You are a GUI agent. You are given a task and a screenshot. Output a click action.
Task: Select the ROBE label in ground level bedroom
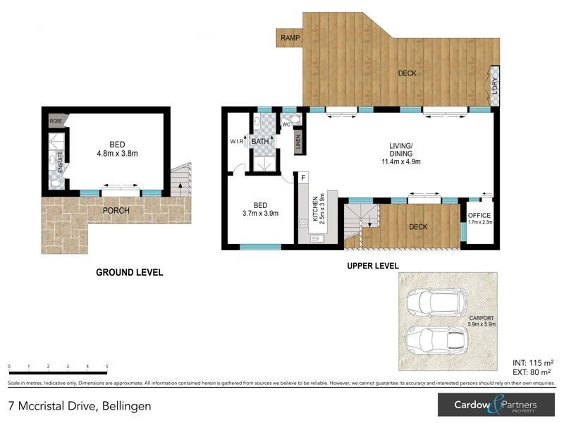click(56, 121)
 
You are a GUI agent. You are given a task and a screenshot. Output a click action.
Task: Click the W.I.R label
click(236, 141)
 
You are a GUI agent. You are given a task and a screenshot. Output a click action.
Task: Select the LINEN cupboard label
click(298, 140)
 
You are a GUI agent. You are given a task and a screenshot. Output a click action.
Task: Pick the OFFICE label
click(479, 216)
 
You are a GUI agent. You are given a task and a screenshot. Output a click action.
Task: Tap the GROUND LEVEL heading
click(129, 272)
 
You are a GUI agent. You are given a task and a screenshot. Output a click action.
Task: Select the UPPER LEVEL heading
click(372, 266)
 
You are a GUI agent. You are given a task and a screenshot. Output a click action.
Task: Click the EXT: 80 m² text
click(531, 372)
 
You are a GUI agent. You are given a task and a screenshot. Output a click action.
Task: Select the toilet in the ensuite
click(56, 183)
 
